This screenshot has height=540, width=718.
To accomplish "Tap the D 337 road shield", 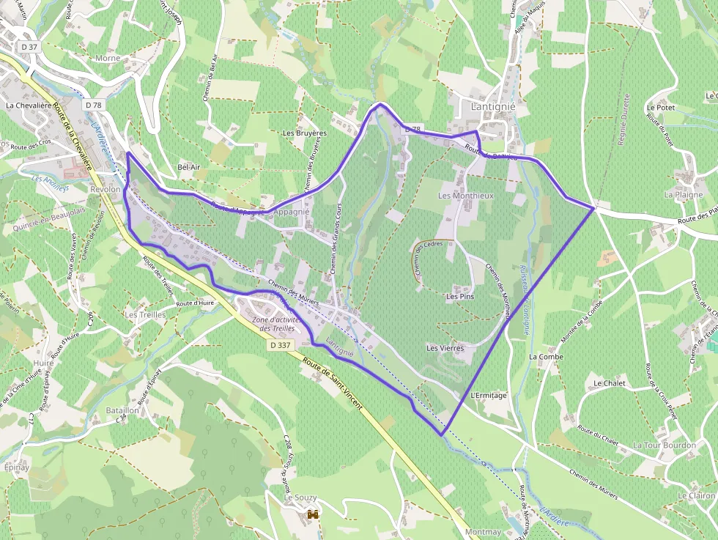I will [280, 344].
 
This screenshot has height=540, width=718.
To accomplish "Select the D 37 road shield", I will [29, 47].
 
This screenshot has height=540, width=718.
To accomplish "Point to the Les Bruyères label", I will [305, 133].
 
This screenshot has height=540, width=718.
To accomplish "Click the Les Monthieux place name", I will [466, 196].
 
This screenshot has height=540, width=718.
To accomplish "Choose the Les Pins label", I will [460, 297].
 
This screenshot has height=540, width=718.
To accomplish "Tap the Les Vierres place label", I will [445, 349].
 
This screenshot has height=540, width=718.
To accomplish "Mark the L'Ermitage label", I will [489, 396].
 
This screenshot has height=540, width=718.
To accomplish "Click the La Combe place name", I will [546, 357].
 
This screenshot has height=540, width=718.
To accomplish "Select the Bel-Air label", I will [189, 167].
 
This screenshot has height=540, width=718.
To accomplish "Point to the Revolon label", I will [105, 189].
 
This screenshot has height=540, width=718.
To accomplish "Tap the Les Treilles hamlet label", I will [145, 315].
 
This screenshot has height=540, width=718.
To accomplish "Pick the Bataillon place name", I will [122, 411].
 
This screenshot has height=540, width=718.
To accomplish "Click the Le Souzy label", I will [300, 498].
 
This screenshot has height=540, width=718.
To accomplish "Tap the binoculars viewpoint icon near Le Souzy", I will [313, 514].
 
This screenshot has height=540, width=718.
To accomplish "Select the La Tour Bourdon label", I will [665, 445].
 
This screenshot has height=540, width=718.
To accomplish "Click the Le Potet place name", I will [660, 107].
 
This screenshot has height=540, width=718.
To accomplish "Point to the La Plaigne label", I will [684, 195].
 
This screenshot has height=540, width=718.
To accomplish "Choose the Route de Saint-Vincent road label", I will [332, 381].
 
